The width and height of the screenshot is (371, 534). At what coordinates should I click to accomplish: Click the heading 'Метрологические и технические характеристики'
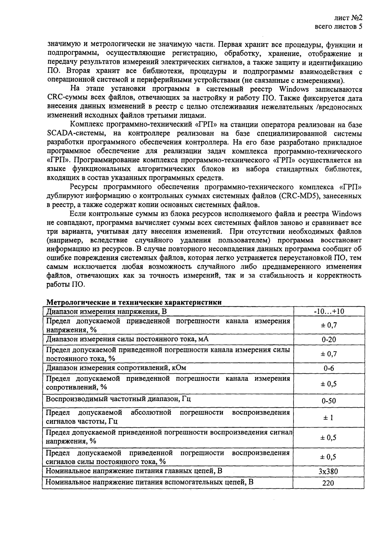coord(134,302)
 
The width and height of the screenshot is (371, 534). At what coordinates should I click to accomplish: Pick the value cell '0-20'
coord(329,339)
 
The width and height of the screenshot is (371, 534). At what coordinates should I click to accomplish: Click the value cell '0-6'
coord(329,368)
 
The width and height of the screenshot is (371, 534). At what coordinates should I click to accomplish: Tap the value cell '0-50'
coord(329,401)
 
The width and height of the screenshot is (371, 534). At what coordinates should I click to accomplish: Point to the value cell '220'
coord(329,483)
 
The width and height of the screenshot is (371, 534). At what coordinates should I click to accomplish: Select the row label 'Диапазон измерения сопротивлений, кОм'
coord(116,368)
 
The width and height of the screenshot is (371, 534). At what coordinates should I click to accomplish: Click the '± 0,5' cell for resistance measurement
coord(329,384)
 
